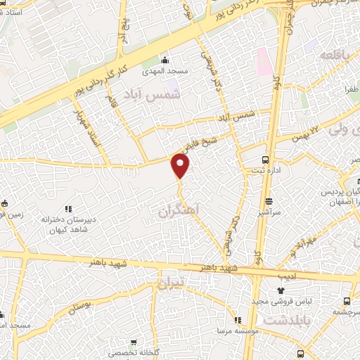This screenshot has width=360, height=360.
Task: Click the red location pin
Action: pyautogui.click(x=181, y=166)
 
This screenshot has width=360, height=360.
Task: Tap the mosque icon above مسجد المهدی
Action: pyautogui.click(x=165, y=59)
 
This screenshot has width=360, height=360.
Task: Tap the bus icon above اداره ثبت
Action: pyautogui.click(x=266, y=159)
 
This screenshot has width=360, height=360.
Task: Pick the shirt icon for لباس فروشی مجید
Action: pyautogui.click(x=281, y=290)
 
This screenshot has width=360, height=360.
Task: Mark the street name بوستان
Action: pyautogui.click(x=81, y=305)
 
